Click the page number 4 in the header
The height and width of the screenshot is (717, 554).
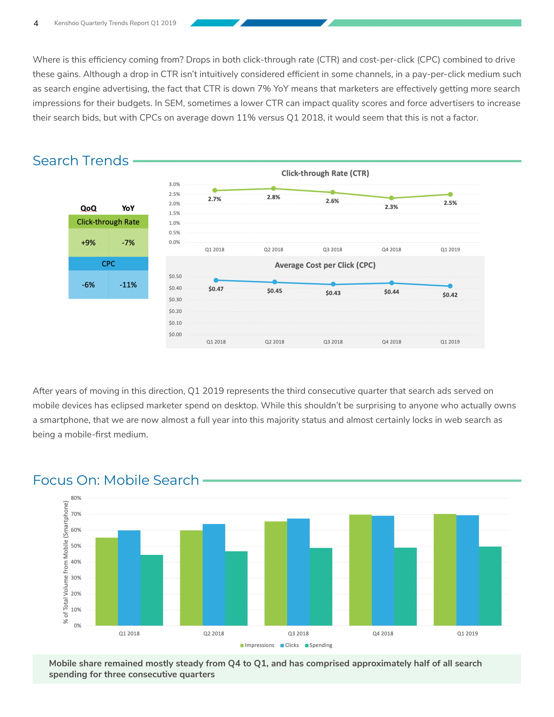click(x=36, y=23)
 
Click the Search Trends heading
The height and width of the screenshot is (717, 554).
click(x=81, y=161)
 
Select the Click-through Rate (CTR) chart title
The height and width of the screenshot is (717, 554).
click(x=325, y=173)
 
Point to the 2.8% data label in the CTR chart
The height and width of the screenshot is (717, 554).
click(x=273, y=197)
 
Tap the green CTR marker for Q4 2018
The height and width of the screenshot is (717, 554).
click(x=391, y=198)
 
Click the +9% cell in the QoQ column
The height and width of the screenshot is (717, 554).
click(x=88, y=243)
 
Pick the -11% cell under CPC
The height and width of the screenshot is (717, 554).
click(x=128, y=285)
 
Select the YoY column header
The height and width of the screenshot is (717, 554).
click(x=128, y=209)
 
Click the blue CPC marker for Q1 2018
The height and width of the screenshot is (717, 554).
click(x=216, y=280)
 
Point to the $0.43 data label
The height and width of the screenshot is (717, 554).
click(x=333, y=293)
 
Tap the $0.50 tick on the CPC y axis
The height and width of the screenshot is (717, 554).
click(x=175, y=276)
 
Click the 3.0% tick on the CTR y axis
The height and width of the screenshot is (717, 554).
click(x=174, y=184)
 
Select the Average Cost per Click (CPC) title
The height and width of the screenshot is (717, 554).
click(x=325, y=265)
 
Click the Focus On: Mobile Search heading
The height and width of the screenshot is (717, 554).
click(x=116, y=480)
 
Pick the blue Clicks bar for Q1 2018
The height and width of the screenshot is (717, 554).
click(x=129, y=578)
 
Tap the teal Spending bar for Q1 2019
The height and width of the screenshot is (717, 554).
click(x=490, y=586)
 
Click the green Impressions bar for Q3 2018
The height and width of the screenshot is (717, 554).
click(x=276, y=573)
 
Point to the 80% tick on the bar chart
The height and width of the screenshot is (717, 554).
click(x=76, y=498)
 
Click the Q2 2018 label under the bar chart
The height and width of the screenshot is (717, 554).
click(x=214, y=633)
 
